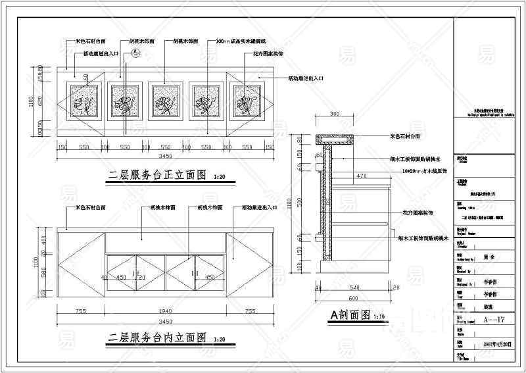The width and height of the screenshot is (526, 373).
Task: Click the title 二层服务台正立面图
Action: point(158,175)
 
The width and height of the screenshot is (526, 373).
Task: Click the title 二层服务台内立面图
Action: point(158,337)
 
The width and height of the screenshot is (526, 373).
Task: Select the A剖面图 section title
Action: point(350,315)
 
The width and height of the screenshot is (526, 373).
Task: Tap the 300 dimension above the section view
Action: point(335,114)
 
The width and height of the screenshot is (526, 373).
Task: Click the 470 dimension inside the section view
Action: point(361,176)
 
